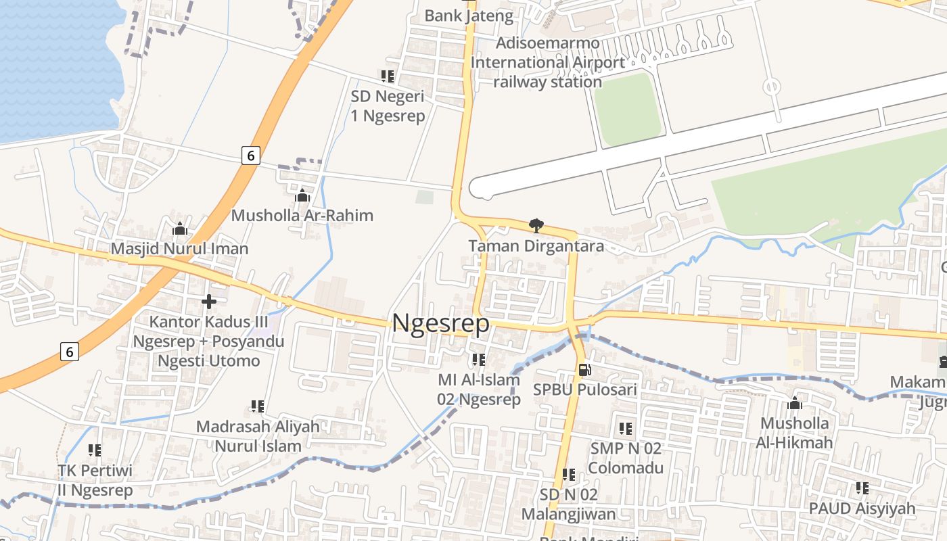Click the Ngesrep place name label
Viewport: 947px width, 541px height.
pyautogui.click(x=440, y=323)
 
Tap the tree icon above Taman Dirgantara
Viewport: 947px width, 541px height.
pyautogui.click(x=536, y=225)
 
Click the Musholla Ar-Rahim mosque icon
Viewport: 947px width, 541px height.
pyautogui.click(x=302, y=195)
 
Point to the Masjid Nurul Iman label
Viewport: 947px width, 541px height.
pyautogui.click(x=179, y=249)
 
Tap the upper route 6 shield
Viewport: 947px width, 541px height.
pyautogui.click(x=250, y=156)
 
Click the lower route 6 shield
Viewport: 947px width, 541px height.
pyautogui.click(x=69, y=352)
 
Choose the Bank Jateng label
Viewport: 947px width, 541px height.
pyautogui.click(x=469, y=16)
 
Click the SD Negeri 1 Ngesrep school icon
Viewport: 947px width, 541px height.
pyautogui.click(x=388, y=76)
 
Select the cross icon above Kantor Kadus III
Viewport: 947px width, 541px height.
pyautogui.click(x=209, y=301)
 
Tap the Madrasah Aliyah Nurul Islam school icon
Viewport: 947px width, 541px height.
pyautogui.click(x=258, y=406)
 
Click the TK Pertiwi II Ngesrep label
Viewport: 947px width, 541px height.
pyautogui.click(x=95, y=479)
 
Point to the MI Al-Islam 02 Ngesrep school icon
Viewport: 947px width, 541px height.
pyautogui.click(x=479, y=360)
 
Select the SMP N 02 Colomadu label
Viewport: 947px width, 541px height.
pyautogui.click(x=626, y=457)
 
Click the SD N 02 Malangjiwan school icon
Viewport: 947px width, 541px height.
pyautogui.click(x=569, y=475)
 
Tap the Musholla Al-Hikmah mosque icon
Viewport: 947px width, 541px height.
pyautogui.click(x=795, y=404)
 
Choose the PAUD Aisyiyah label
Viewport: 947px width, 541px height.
pyautogui.click(x=862, y=508)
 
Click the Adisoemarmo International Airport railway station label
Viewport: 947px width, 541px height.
pyautogui.click(x=547, y=62)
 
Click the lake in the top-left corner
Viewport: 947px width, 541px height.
pyautogui.click(x=54, y=61)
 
